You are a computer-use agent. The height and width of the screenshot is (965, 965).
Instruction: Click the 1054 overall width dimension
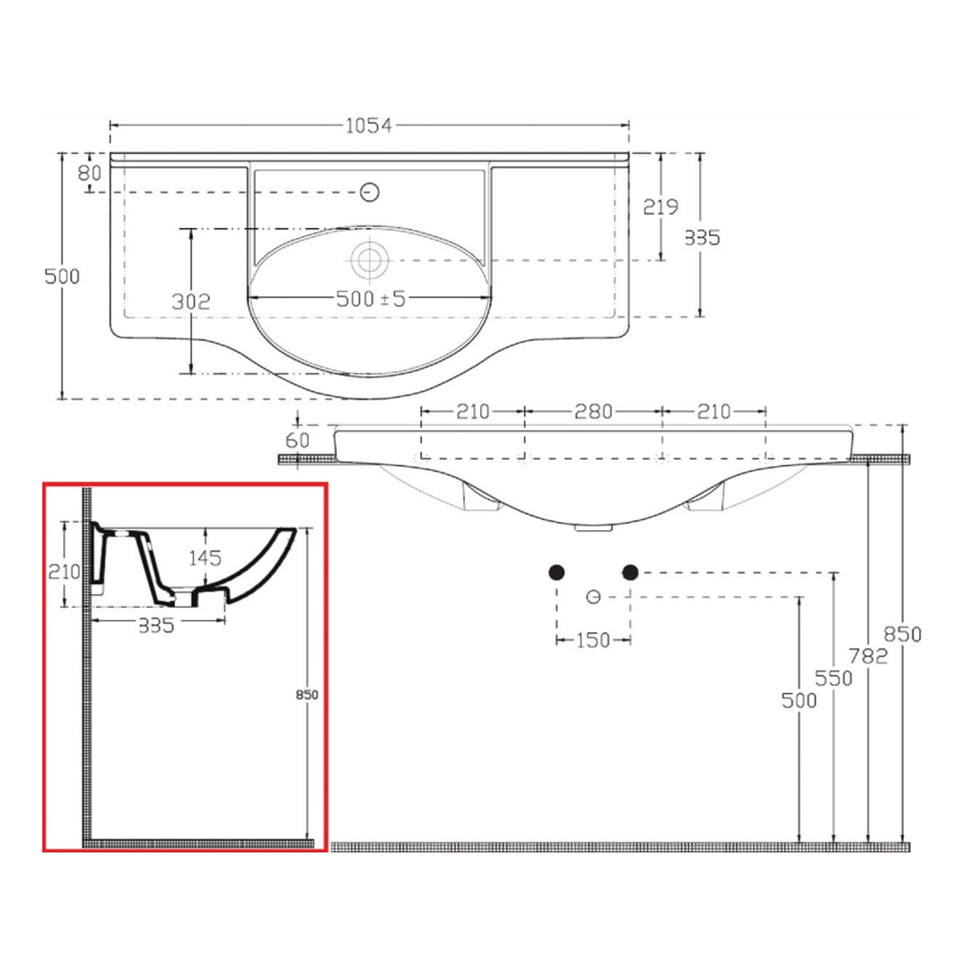(x=368, y=125)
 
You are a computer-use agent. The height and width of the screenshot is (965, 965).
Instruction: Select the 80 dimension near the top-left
(x=89, y=173)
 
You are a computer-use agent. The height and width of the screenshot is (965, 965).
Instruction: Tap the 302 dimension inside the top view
(x=191, y=301)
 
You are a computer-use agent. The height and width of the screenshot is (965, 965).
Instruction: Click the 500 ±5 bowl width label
(x=371, y=299)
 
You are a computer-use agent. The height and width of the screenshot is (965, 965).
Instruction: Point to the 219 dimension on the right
(x=661, y=207)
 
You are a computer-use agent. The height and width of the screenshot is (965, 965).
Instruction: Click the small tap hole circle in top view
(x=369, y=192)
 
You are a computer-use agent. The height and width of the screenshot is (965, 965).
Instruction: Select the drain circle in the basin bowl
(x=369, y=260)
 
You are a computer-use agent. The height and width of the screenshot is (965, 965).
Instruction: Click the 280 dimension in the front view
(x=593, y=411)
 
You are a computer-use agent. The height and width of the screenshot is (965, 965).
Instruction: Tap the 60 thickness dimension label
(x=297, y=441)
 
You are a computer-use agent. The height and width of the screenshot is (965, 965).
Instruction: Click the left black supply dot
(x=557, y=572)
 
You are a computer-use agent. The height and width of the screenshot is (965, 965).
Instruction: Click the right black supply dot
(x=630, y=572)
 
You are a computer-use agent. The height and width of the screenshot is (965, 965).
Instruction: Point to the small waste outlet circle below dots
(x=594, y=597)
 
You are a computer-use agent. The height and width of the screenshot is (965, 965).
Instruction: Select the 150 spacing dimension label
(x=593, y=640)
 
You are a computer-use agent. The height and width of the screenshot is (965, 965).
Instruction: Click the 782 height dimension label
(x=868, y=656)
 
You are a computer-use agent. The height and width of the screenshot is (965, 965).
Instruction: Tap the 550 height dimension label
(x=833, y=678)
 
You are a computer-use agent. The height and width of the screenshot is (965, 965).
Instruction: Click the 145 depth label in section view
(x=205, y=558)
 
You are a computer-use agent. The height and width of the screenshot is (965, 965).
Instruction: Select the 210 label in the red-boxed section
(x=64, y=571)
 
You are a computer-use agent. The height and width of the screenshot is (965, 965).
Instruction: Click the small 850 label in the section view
(x=307, y=695)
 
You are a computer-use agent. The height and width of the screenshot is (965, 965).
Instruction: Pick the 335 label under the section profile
(x=156, y=625)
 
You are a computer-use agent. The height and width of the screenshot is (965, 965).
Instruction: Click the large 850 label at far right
(x=902, y=634)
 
